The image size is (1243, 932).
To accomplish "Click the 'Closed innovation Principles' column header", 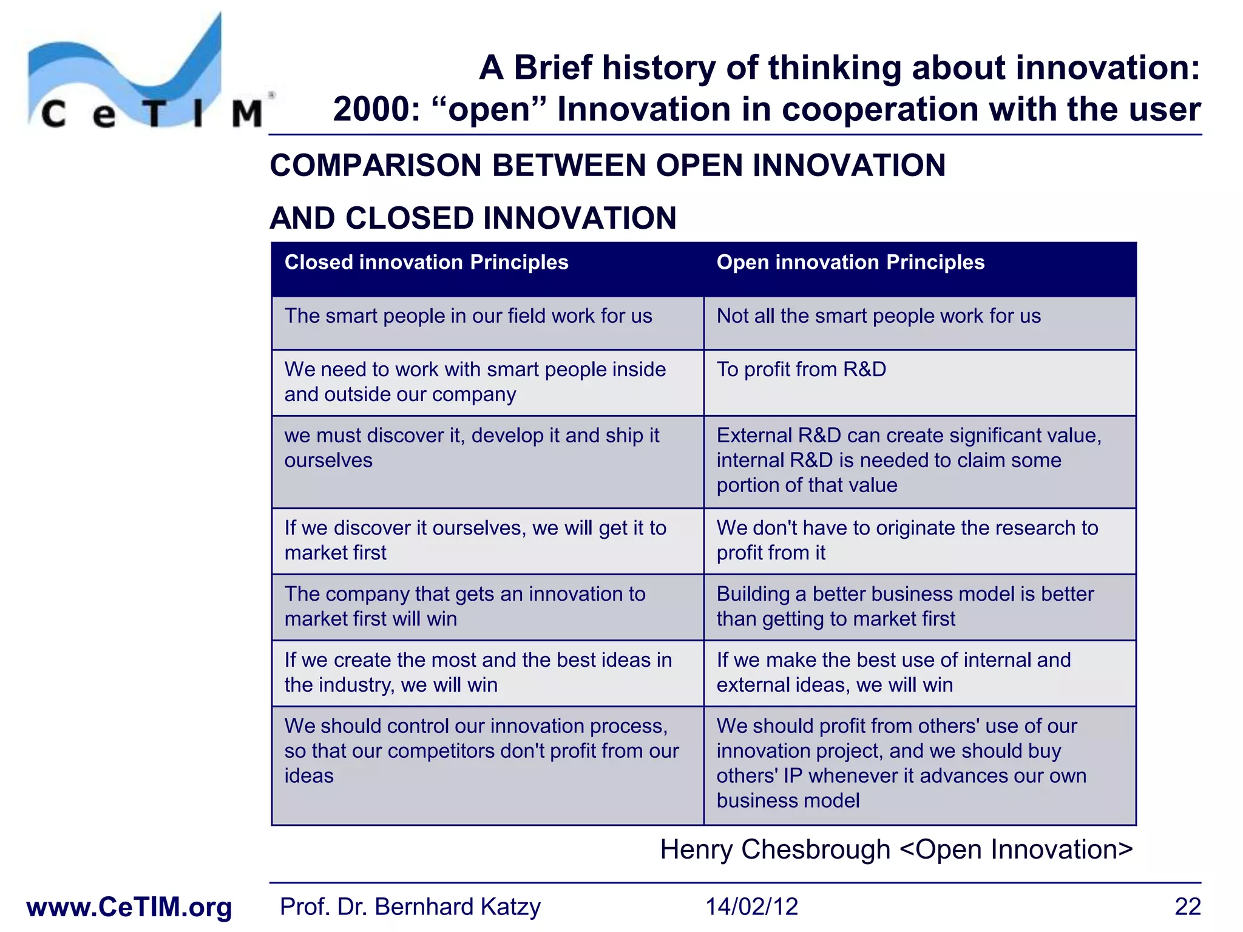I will point(426,262).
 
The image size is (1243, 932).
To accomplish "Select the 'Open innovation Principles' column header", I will point(850,262).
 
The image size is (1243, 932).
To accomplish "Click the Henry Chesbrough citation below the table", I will point(896,849).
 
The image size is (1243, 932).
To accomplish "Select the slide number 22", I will point(1187,907).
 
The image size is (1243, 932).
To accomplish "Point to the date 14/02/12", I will point(751,907).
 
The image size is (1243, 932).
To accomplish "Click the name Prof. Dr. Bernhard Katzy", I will point(410,907).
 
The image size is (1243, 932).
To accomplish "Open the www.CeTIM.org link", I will point(129,907).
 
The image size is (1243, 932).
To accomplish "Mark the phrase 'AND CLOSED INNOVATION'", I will point(473,218).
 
